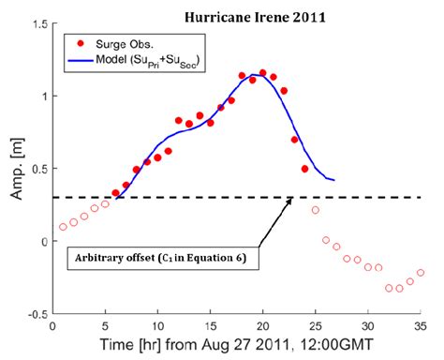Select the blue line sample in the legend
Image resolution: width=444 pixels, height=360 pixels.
[x=81, y=58]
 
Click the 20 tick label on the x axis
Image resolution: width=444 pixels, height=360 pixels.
[x=262, y=326]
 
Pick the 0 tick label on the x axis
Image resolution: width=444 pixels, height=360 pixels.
[x=52, y=326]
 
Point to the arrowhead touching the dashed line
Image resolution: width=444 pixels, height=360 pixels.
[x=292, y=200]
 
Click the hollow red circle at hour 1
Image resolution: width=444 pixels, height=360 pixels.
[x=63, y=227]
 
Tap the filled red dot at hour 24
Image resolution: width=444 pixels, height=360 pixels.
[x=304, y=169]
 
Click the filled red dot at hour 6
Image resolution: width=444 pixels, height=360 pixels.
[x=115, y=193]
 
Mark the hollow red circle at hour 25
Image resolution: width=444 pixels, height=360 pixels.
[x=315, y=210]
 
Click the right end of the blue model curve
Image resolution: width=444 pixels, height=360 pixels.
[x=333, y=179]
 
